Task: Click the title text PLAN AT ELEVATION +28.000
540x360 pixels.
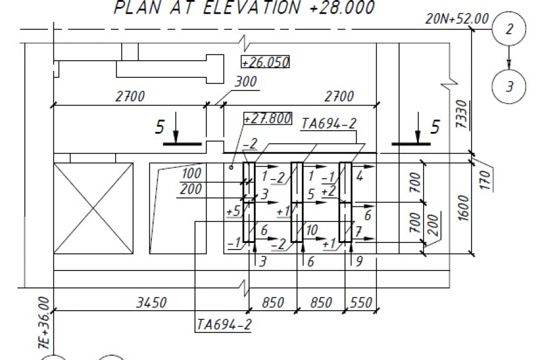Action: (244, 8)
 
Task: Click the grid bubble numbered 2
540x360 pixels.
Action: (509, 29)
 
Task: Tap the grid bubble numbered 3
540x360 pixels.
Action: (509, 86)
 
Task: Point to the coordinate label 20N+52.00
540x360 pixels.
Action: (457, 19)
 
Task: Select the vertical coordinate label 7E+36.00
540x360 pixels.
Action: (45, 322)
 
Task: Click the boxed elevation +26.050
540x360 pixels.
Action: (265, 62)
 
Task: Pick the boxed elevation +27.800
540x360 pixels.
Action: (268, 118)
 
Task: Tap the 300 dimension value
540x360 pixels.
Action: (246, 82)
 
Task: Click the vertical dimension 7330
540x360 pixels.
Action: (461, 114)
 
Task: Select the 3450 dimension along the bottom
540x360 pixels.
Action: (152, 302)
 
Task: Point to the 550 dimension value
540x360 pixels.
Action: (361, 302)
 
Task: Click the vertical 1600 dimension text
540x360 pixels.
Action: (464, 208)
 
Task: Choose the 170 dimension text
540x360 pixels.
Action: (485, 180)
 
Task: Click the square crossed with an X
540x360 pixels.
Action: (94, 208)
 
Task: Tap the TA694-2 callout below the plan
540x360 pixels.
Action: (224, 324)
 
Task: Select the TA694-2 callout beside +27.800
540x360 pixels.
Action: (329, 124)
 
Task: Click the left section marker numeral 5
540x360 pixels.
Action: (159, 127)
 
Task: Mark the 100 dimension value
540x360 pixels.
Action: (191, 173)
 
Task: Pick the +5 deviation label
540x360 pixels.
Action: (233, 211)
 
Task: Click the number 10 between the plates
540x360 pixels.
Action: (311, 230)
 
